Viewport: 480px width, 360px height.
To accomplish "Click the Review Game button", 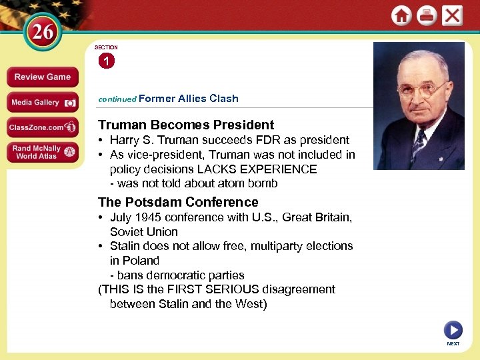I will (42, 77).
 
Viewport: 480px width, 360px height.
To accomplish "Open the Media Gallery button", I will (42, 102).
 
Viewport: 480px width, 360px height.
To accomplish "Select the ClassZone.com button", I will (42, 127).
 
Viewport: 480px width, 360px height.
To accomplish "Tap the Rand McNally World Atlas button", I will (42, 152).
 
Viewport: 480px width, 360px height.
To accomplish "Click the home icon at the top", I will (401, 15).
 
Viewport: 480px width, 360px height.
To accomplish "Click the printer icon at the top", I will (427, 15).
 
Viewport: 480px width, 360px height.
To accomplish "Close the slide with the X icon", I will (452, 15).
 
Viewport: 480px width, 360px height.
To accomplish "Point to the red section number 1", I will (106, 61).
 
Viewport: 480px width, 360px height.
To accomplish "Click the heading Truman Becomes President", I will (186, 125).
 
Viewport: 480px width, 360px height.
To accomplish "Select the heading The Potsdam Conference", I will (178, 202).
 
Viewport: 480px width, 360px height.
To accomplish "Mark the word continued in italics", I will (117, 99).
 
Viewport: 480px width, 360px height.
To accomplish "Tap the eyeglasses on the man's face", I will (421, 89).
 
